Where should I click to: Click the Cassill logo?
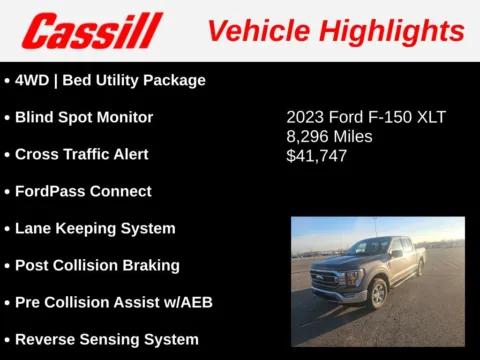click(92, 30)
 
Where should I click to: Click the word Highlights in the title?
click(399, 30)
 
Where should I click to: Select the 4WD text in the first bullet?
click(33, 80)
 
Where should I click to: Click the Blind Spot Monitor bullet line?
click(84, 117)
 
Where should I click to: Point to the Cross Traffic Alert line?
click(81, 154)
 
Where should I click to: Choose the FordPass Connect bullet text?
click(83, 191)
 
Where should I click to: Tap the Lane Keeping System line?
click(95, 228)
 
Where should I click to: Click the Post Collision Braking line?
click(97, 265)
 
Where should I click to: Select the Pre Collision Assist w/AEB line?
click(113, 302)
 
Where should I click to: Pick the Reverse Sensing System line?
click(106, 339)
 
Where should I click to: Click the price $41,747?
click(317, 156)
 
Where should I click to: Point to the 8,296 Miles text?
click(329, 136)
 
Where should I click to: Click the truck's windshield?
click(370, 248)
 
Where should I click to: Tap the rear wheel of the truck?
click(421, 268)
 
